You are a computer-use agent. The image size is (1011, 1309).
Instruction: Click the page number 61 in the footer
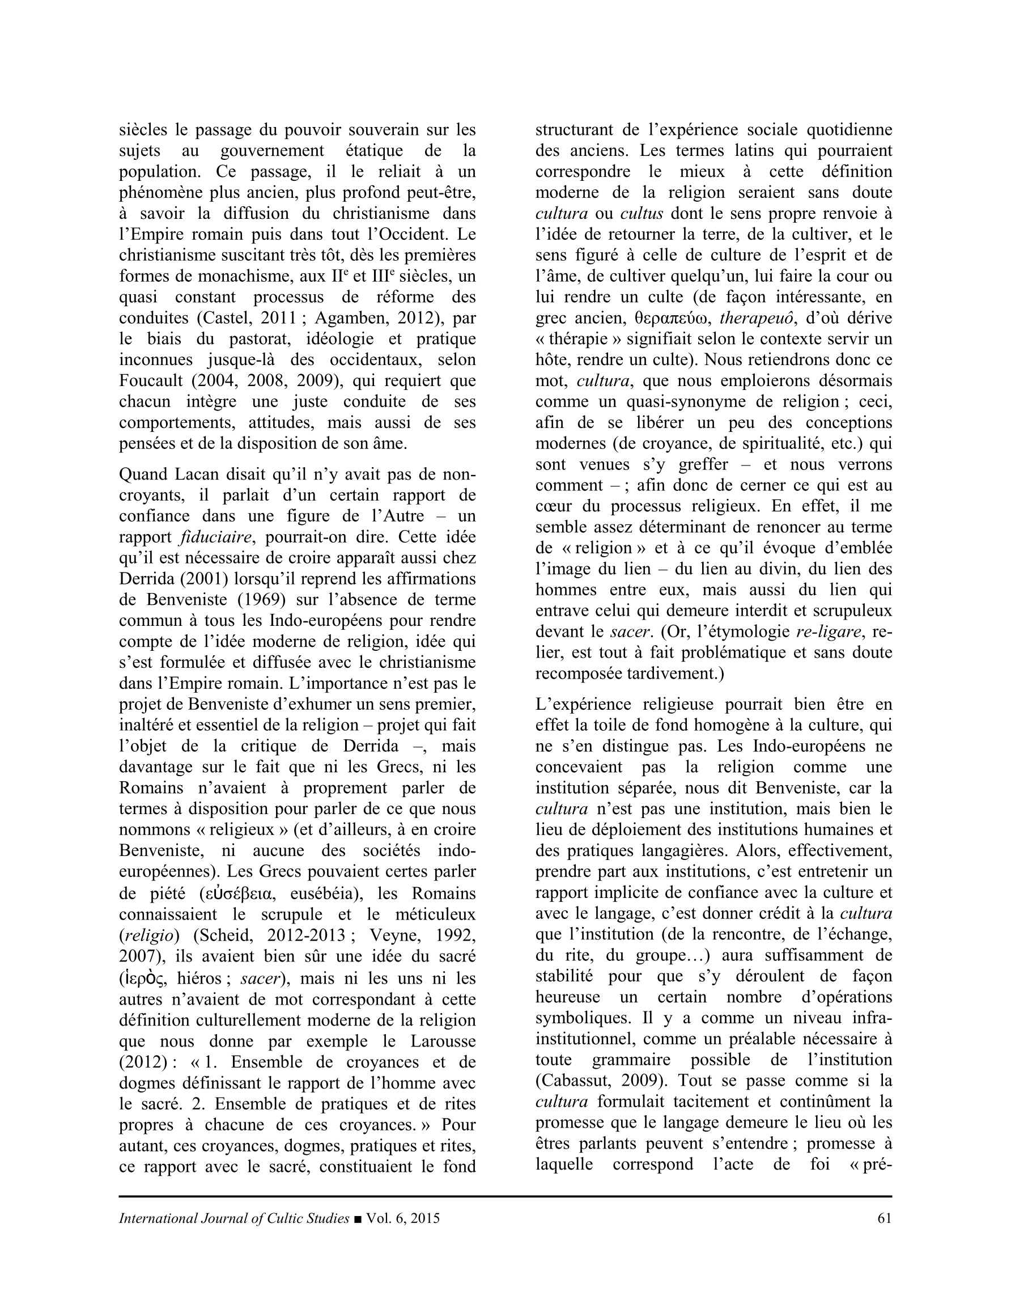tap(884, 1218)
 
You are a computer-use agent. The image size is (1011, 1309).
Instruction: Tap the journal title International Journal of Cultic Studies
tap(233, 1218)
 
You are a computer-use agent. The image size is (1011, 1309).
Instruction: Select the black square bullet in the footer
tap(358, 1218)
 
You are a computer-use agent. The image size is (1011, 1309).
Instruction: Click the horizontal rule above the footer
tap(505, 1196)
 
